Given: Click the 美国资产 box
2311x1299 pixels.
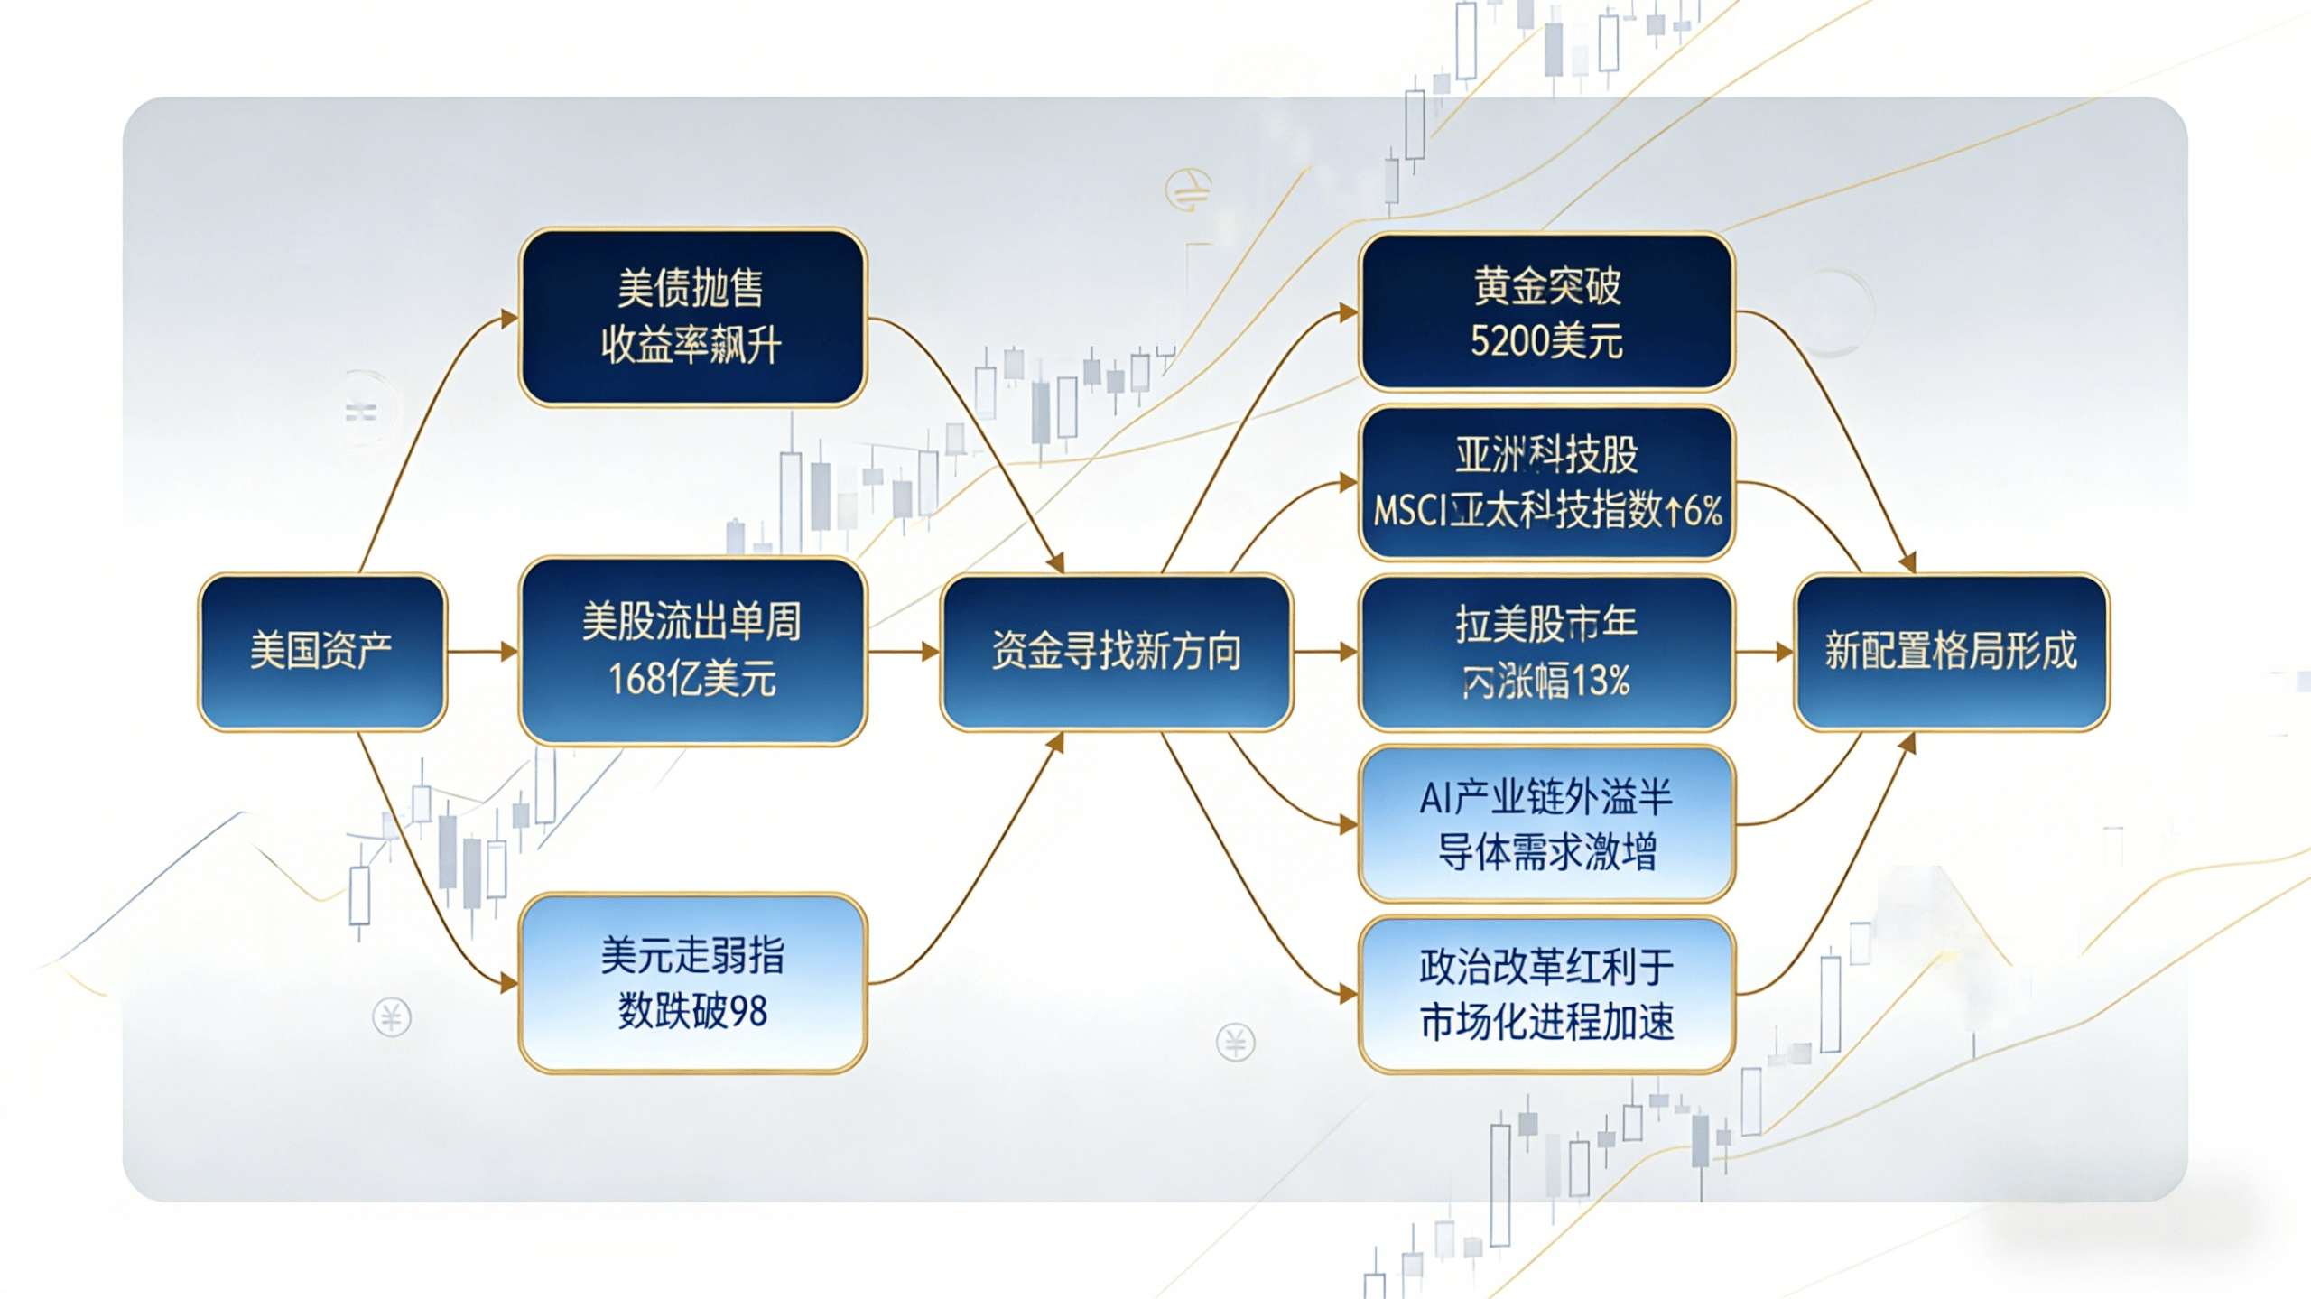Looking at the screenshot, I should point(322,651).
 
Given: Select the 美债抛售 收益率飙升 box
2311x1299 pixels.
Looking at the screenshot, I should point(692,317).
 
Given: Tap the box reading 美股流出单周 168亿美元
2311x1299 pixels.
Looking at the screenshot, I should point(692,651).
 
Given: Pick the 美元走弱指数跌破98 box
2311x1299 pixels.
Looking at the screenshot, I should point(692,983).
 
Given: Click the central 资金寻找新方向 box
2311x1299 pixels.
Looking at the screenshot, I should point(1117,651).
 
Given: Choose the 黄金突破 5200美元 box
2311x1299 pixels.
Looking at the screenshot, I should point(1546,312).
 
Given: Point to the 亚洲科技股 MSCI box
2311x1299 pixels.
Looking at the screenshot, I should point(1546,483).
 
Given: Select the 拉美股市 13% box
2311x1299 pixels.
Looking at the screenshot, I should point(1546,652).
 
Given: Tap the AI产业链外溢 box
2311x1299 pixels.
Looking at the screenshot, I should point(1546,823).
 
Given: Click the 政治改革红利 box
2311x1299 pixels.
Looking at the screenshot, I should point(1546,994).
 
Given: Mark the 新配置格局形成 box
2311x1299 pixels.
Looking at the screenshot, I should point(1951,651).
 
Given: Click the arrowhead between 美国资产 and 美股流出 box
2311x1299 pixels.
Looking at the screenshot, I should point(509,651).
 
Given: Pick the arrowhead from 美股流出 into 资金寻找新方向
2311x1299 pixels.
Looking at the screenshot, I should point(930,651).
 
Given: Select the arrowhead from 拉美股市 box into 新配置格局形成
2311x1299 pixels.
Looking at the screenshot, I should point(1784,651).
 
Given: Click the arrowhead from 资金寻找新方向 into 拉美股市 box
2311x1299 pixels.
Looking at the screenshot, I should point(1349,651).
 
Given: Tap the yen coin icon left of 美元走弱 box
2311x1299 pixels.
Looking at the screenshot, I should point(392,1018).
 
